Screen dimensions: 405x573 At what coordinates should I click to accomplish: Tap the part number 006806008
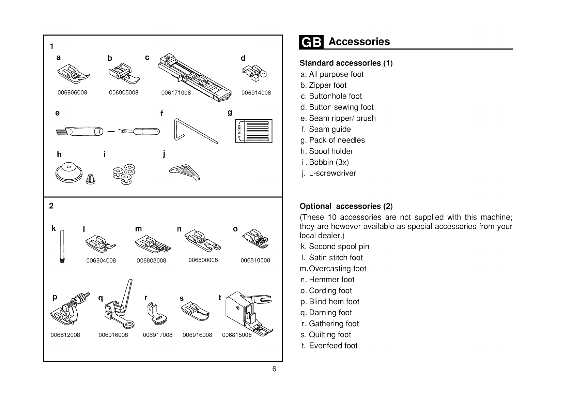click(x=72, y=93)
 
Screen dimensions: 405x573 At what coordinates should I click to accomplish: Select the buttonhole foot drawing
click(x=193, y=77)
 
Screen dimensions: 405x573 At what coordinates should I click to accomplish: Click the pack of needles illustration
click(x=253, y=131)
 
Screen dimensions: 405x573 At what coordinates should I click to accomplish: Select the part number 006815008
click(x=237, y=335)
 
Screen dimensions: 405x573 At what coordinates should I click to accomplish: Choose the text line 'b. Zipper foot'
click(x=323, y=85)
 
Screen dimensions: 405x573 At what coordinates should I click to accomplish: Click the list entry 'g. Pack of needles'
click(x=332, y=140)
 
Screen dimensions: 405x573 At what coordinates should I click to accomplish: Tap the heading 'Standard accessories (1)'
click(x=346, y=63)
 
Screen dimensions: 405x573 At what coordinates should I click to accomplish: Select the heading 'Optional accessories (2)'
click(x=346, y=206)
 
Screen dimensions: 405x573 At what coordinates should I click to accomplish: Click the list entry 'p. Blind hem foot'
click(x=330, y=302)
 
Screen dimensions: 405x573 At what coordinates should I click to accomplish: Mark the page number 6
click(x=274, y=369)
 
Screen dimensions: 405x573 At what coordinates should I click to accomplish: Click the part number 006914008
click(x=256, y=93)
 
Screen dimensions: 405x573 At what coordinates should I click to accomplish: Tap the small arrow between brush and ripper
click(x=110, y=131)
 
